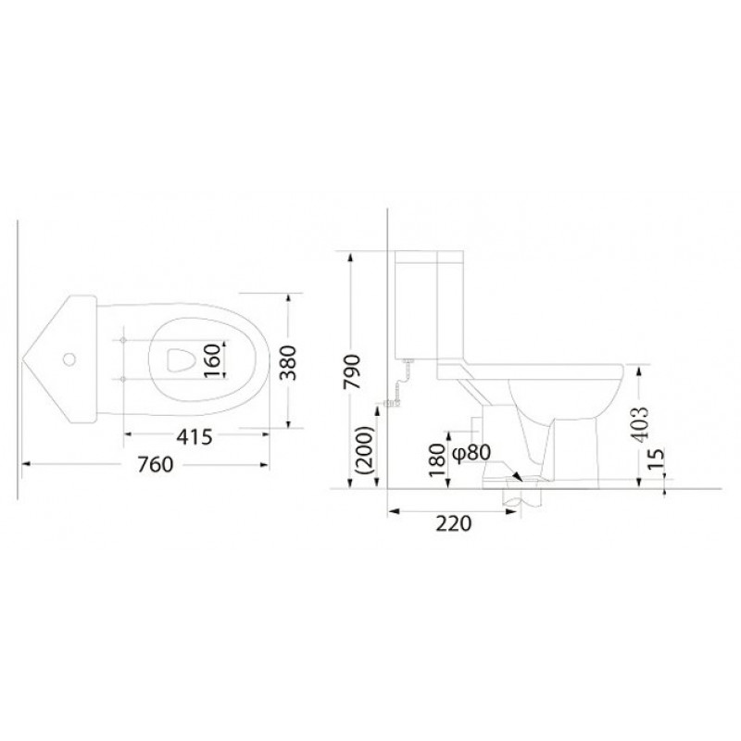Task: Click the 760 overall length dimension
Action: [156, 465]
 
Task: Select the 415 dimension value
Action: [195, 437]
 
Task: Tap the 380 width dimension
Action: [287, 362]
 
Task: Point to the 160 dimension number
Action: [213, 360]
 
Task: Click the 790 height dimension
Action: [352, 371]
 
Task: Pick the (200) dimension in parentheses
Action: [364, 450]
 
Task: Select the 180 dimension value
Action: [437, 461]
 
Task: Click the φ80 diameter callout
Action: [471, 453]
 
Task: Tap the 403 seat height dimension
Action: [640, 424]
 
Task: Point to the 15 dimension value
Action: [656, 458]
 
